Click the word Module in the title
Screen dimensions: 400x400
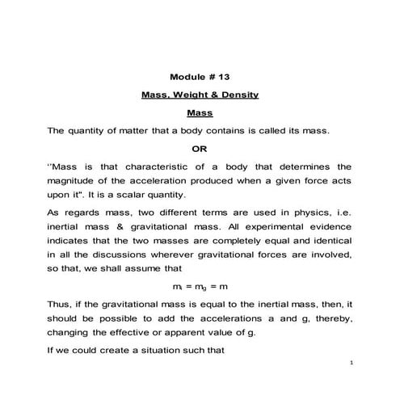(x=187, y=78)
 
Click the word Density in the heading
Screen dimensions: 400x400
(x=238, y=95)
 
